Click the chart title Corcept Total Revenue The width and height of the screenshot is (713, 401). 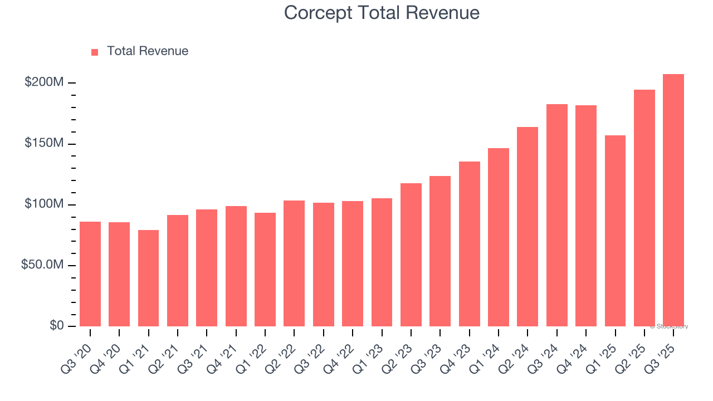[382, 12]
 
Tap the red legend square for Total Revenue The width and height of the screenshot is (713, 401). [95, 52]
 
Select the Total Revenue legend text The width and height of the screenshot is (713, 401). [148, 51]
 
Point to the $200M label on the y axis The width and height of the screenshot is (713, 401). [44, 82]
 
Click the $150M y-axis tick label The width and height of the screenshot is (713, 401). [44, 144]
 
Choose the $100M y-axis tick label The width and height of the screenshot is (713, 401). [44, 204]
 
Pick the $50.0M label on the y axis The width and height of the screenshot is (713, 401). [42, 265]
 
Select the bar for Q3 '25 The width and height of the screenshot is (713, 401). [673, 200]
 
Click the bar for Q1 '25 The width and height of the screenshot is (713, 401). [615, 231]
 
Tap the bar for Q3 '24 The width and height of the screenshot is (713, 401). [556, 215]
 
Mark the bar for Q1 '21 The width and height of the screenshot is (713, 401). [148, 278]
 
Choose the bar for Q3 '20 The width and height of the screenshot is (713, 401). [90, 274]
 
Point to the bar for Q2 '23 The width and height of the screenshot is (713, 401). [411, 255]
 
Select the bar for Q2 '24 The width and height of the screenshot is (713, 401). [528, 227]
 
